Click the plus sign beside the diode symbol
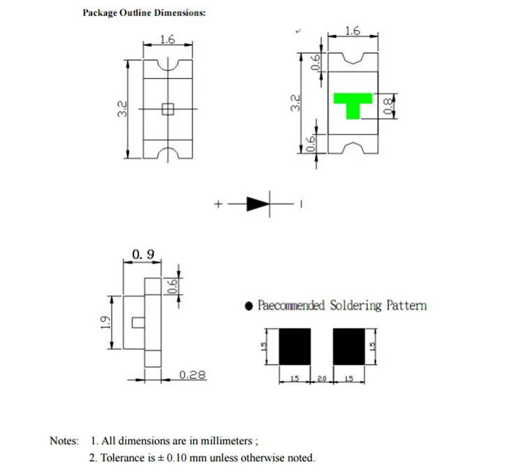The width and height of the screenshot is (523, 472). click(x=218, y=204)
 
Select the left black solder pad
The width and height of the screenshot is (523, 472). click(x=295, y=347)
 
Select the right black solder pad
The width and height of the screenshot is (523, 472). click(x=349, y=347)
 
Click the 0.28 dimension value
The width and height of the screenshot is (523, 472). click(x=192, y=374)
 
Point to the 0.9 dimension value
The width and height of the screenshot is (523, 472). click(x=143, y=254)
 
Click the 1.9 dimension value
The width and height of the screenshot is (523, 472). click(x=105, y=322)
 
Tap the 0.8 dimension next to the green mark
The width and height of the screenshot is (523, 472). click(x=387, y=106)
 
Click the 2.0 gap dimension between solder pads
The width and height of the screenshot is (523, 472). click(x=321, y=379)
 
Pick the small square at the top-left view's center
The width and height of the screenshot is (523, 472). click(x=168, y=109)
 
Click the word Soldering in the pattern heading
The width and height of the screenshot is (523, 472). click(x=356, y=305)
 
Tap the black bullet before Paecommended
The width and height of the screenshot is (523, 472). click(x=248, y=306)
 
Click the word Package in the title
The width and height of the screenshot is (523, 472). click(x=100, y=13)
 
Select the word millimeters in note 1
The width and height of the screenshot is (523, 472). click(x=226, y=441)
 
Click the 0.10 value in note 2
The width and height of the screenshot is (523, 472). click(x=176, y=457)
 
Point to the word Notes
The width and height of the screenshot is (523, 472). click(x=64, y=441)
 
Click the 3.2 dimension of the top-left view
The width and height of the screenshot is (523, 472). click(x=123, y=109)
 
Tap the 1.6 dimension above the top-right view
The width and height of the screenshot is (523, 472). click(x=353, y=31)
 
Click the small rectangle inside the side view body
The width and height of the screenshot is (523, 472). click(x=138, y=323)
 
